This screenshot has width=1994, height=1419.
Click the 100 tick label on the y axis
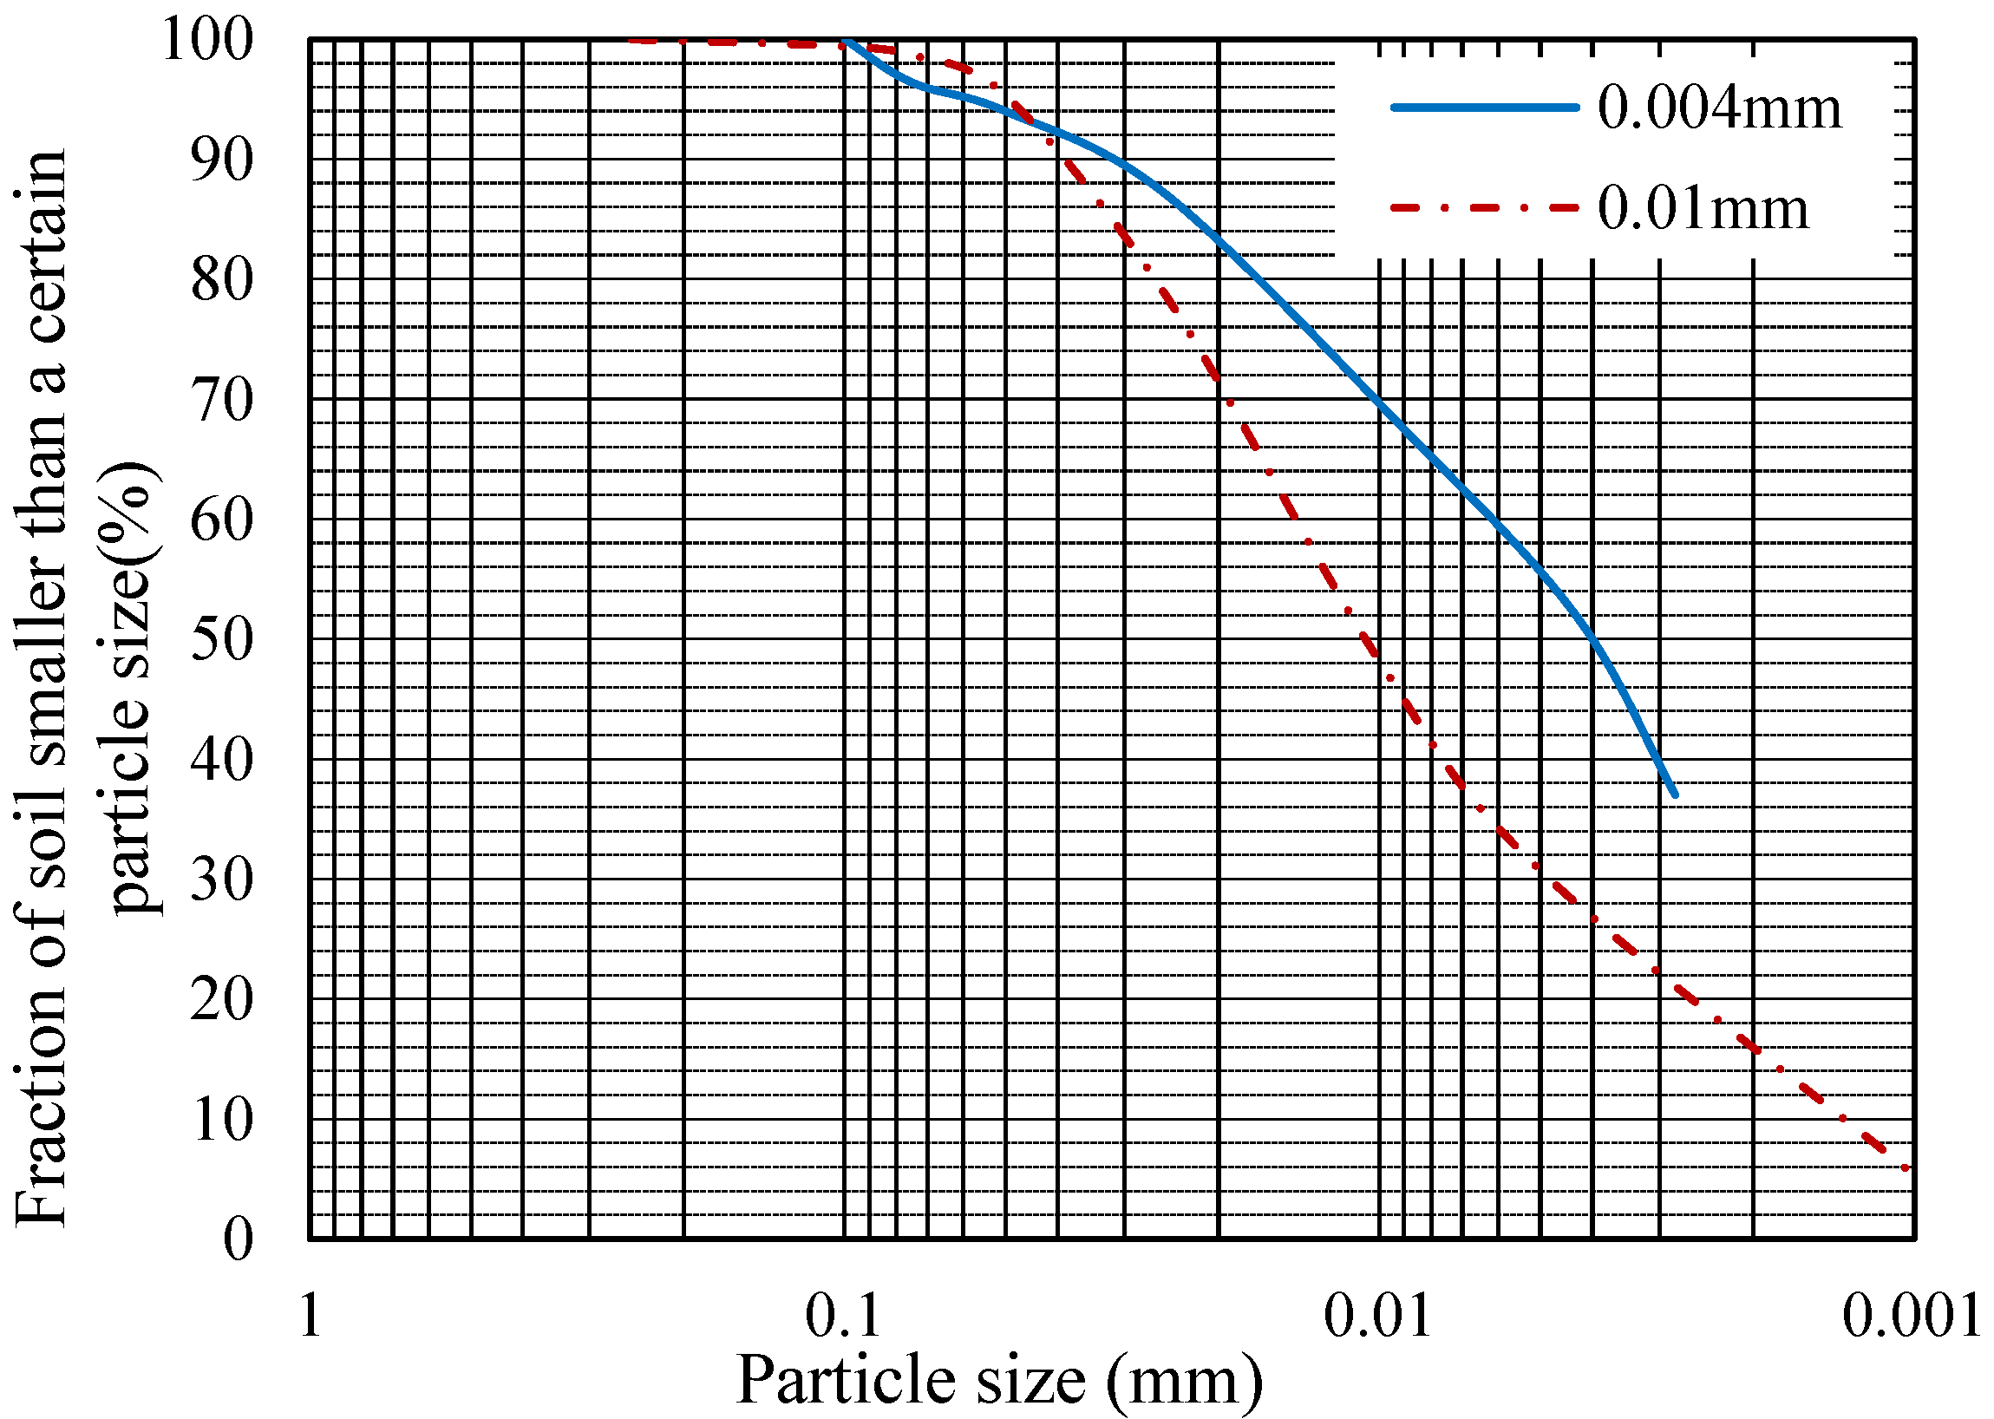click(208, 39)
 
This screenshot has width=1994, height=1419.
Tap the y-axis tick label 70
click(222, 400)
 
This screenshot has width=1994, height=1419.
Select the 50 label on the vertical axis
click(222, 639)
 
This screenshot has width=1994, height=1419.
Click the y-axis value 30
click(222, 880)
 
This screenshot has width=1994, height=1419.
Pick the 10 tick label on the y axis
click(222, 1119)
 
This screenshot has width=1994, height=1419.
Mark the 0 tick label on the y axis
click(238, 1239)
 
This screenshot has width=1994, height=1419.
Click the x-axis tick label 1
click(311, 1316)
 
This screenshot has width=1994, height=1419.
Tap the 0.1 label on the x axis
click(843, 1316)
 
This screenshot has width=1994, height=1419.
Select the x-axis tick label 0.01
click(1378, 1316)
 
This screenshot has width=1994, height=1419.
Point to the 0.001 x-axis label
click(1912, 1316)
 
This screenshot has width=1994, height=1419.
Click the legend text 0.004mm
click(1719, 108)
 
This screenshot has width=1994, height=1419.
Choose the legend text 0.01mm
click(1703, 209)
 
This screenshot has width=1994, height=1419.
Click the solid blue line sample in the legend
click(1485, 108)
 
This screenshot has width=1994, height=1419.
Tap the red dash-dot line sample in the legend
click(1485, 208)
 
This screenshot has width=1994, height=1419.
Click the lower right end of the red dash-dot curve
click(1905, 1167)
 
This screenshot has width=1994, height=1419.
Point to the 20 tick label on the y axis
click(222, 999)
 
